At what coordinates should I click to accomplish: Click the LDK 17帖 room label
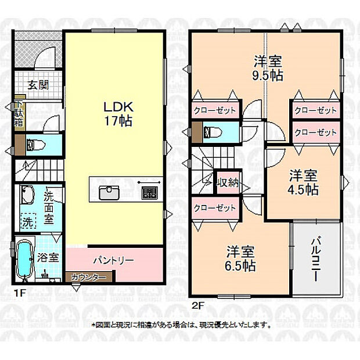point(118,114)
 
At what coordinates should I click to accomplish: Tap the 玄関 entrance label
point(38,85)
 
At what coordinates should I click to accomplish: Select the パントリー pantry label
point(113,260)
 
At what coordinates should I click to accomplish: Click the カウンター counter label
point(88,278)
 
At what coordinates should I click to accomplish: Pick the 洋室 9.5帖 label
point(267,68)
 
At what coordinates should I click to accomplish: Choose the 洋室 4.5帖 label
point(303,181)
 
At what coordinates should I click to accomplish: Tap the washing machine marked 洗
point(27,221)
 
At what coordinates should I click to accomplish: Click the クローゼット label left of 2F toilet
point(215,110)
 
